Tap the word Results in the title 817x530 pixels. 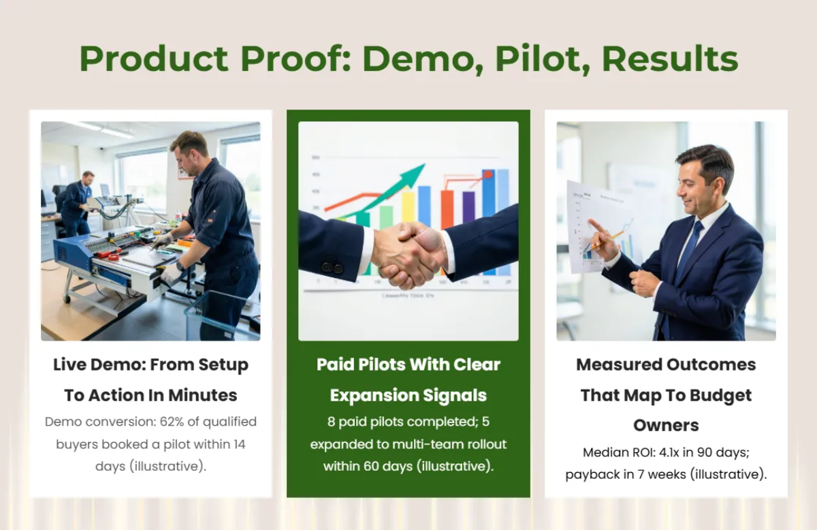[x=670, y=59]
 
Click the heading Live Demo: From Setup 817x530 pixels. [x=150, y=364]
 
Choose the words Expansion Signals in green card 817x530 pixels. [x=408, y=395]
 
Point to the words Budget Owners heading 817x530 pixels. [x=666, y=410]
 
